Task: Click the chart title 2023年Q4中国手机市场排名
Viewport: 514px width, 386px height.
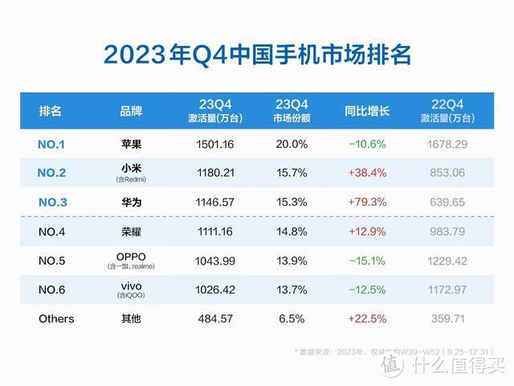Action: tap(257, 54)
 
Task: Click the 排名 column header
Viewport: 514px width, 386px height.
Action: tap(50, 111)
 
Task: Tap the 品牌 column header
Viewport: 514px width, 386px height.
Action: tap(130, 111)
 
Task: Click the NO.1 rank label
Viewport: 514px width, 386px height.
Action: tap(51, 145)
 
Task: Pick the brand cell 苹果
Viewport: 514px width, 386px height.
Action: tap(130, 145)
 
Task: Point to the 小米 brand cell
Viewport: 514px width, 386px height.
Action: tap(130, 170)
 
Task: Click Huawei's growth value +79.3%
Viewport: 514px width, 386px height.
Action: tap(367, 203)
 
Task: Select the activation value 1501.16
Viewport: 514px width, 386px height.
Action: tap(214, 145)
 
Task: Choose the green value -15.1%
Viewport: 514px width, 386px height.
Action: tap(367, 261)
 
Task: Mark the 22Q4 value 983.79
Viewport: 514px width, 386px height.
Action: tap(447, 232)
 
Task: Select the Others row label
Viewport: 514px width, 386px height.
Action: tap(56, 318)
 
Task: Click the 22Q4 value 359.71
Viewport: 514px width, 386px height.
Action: tap(447, 318)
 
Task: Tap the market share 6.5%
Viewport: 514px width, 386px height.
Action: tap(292, 318)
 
